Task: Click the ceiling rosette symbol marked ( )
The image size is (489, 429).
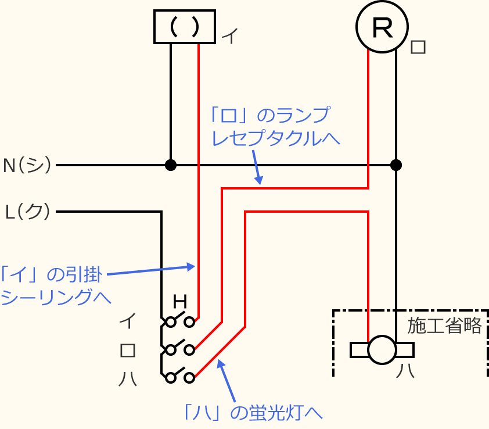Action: pos(185,27)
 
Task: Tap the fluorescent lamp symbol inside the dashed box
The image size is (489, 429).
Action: pos(382,350)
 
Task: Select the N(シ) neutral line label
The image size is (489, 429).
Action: pos(27,165)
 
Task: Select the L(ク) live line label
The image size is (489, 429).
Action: pos(27,212)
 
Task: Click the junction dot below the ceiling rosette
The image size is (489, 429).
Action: pos(170,165)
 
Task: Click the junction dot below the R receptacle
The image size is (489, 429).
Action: pos(396,165)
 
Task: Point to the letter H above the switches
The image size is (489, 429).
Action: pos(181,302)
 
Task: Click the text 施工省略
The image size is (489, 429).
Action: pos(444,326)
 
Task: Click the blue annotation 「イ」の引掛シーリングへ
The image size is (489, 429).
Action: pos(55,285)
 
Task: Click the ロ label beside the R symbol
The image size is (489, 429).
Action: pos(418,47)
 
